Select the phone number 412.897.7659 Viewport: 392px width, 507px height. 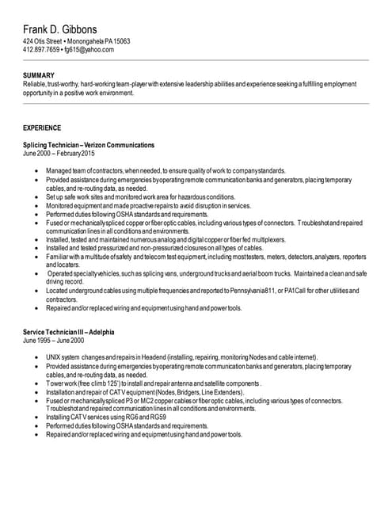pyautogui.click(x=41, y=49)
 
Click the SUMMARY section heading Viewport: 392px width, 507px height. pyautogui.click(x=39, y=75)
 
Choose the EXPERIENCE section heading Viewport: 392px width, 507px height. pyautogui.click(x=43, y=127)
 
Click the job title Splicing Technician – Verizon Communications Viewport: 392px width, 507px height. pyautogui.click(x=89, y=145)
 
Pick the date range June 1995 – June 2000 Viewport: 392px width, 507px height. pyautogui.click(x=53, y=340)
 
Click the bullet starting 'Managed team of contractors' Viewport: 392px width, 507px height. pyautogui.click(x=166, y=171)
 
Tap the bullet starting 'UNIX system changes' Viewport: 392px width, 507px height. pyautogui.click(x=181, y=357)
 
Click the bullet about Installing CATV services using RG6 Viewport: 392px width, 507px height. pyautogui.click(x=105, y=417)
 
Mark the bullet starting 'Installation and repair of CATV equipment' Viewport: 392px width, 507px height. pyautogui.click(x=145, y=392)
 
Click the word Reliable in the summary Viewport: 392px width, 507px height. pyautogui.click(x=35, y=83)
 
